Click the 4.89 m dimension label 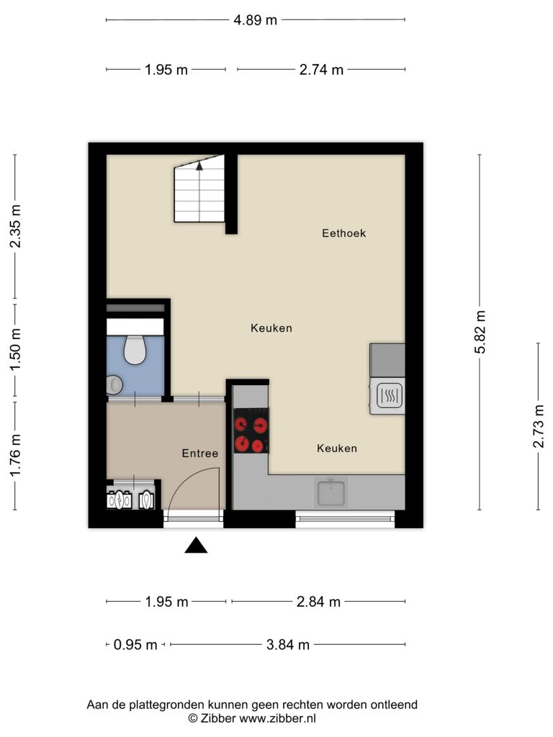tap(256, 20)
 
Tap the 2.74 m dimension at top tap(321, 70)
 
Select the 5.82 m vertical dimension tap(480, 332)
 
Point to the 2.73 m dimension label tap(539, 426)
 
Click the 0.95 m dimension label tap(135, 644)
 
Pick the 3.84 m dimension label tap(288, 644)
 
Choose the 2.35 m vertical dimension tap(15, 227)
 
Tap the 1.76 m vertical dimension tap(15, 455)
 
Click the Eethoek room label tap(343, 233)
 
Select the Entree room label tap(200, 453)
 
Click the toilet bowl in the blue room tap(135, 350)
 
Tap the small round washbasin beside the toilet tap(114, 385)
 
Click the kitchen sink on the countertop tap(331, 492)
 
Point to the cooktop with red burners tap(251, 430)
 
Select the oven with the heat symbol tap(387, 396)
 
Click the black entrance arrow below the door tap(196, 546)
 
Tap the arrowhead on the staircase tap(199, 166)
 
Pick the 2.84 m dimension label tap(318, 602)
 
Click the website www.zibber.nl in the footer tap(277, 718)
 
